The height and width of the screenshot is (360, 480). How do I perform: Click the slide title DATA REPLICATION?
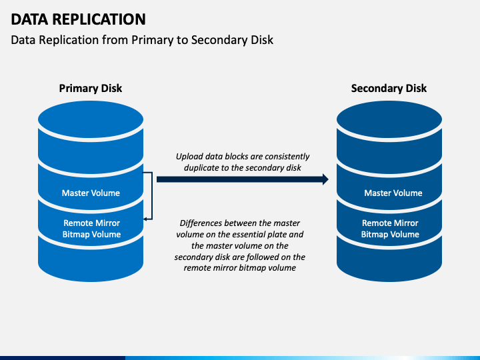point(79,19)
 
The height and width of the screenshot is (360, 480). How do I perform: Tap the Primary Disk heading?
point(91,88)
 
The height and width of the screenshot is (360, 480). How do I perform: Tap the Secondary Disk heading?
point(389,88)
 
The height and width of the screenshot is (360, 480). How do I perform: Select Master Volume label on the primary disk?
point(91,193)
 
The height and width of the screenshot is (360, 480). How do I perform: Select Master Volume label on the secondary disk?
point(393,193)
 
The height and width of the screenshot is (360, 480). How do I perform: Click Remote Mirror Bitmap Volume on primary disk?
point(91,229)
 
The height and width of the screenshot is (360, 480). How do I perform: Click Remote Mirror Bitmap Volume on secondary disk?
point(390,229)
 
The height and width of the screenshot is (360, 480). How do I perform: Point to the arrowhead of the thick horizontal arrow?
point(325,179)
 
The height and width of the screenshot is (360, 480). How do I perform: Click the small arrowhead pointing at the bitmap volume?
point(145,219)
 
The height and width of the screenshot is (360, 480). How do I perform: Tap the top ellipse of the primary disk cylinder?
point(91,119)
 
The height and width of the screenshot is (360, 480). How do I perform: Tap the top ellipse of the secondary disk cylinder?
point(389,119)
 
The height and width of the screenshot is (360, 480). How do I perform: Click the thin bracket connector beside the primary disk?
point(152,196)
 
